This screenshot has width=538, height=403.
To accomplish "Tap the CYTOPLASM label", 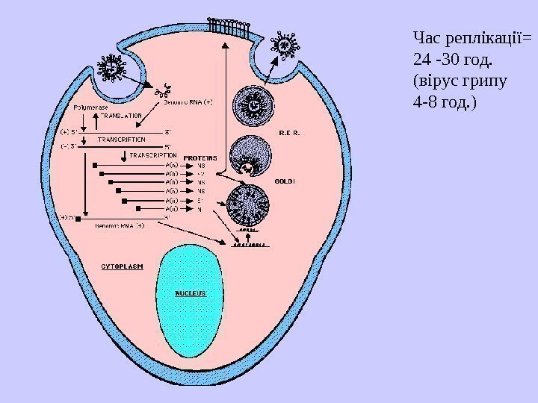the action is click(x=123, y=265).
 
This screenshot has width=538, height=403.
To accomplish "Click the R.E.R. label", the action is click(x=288, y=132).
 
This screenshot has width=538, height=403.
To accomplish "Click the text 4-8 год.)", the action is click(x=442, y=99).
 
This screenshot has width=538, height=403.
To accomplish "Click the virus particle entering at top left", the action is click(x=113, y=69).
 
